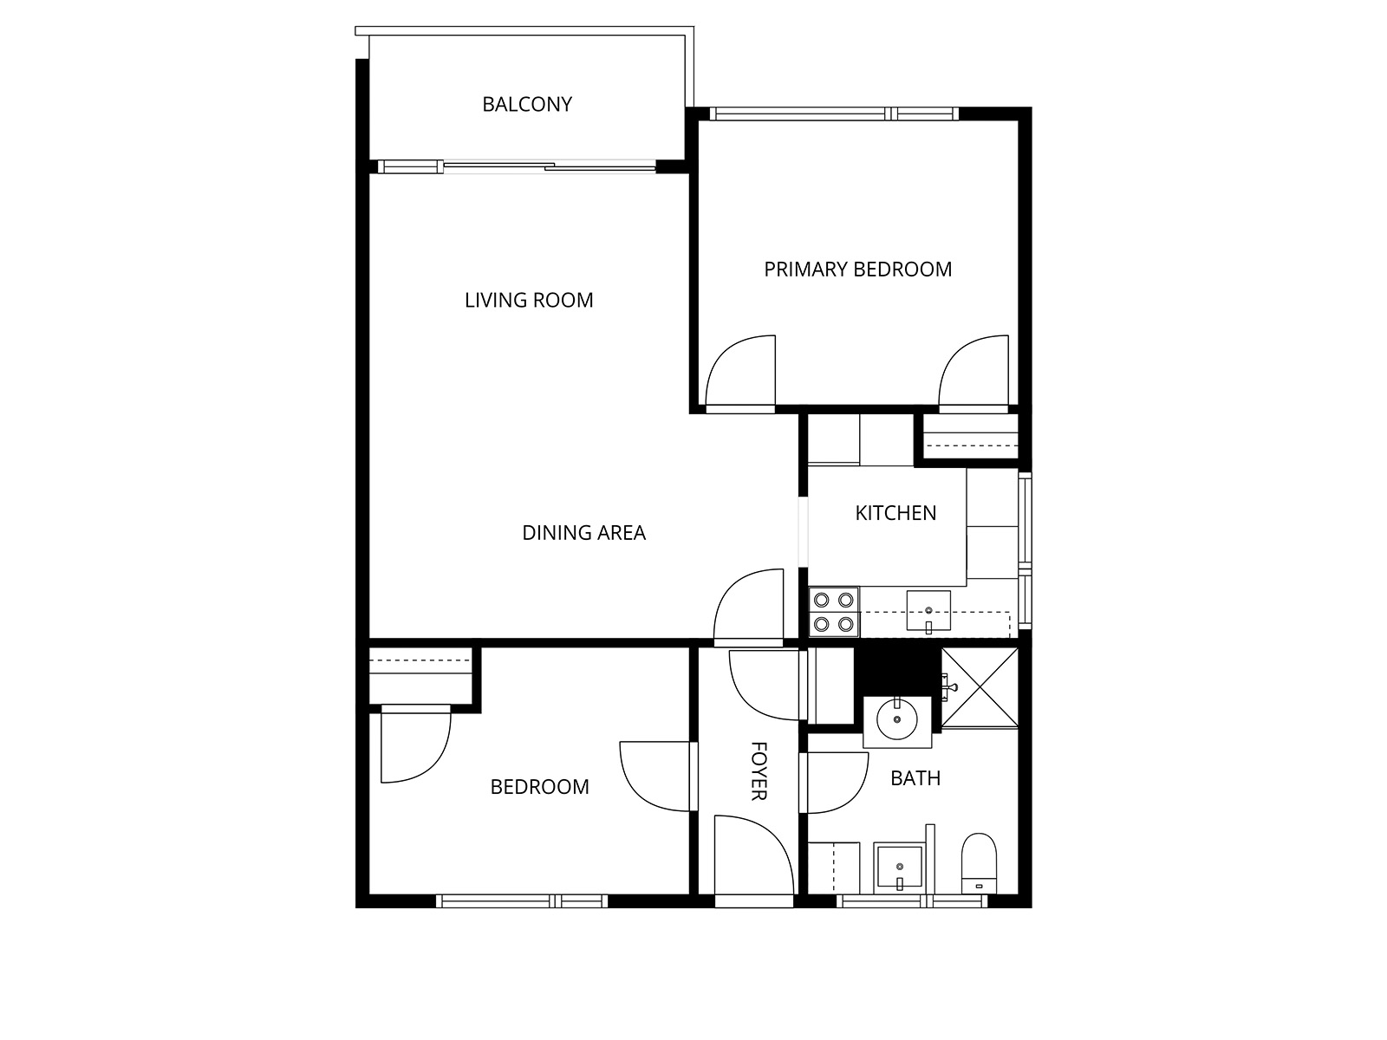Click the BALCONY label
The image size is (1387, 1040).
coord(527,104)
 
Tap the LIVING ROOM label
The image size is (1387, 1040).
coord(529,300)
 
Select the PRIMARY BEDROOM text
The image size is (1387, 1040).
coord(857,270)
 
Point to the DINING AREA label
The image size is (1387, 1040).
coord(584,533)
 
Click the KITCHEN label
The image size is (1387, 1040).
coord(895,513)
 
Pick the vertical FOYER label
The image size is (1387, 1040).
coord(759,771)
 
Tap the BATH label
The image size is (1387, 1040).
coord(915,778)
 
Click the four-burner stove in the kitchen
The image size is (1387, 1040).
coord(833,612)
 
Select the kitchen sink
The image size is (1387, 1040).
coord(928,611)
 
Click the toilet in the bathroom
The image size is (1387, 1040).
coord(979,863)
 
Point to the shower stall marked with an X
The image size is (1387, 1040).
coord(980,687)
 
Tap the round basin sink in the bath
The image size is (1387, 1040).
coord(896,719)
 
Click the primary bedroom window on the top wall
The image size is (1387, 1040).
coord(834,114)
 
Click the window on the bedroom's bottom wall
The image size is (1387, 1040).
coord(522,901)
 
